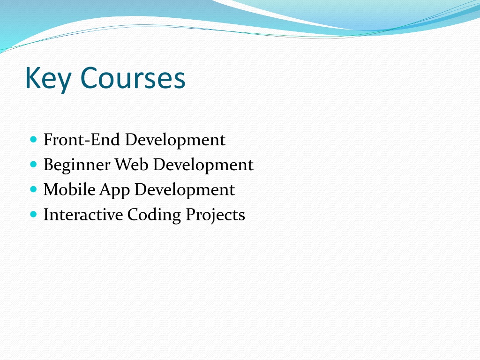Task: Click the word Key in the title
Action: click(48, 78)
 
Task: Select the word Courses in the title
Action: click(133, 78)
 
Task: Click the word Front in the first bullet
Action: click(63, 140)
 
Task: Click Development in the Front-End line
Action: click(175, 141)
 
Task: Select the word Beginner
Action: click(77, 165)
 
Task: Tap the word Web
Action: click(131, 165)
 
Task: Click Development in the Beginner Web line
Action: click(203, 165)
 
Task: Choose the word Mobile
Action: click(69, 189)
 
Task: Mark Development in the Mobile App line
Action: click(185, 190)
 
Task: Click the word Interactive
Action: click(83, 214)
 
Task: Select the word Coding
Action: click(154, 215)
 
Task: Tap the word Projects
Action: click(216, 215)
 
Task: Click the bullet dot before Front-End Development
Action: click(34, 140)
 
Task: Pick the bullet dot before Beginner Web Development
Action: click(34, 165)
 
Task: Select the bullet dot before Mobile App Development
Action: click(34, 189)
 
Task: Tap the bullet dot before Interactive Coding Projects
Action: click(34, 214)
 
